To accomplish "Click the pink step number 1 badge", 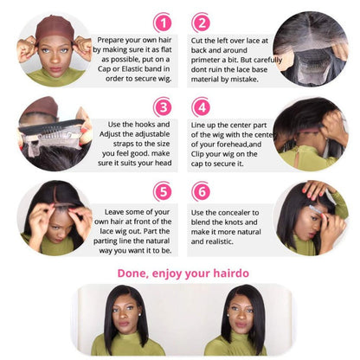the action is pyautogui.click(x=163, y=23).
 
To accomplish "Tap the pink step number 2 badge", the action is pyautogui.click(x=201, y=22).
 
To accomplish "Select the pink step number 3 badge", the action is pyautogui.click(x=163, y=107).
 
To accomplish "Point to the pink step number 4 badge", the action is pyautogui.click(x=201, y=107).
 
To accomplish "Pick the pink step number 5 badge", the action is pyautogui.click(x=163, y=192).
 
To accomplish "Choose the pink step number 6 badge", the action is pyautogui.click(x=201, y=191).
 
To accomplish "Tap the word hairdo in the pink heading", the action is pyautogui.click(x=231, y=273).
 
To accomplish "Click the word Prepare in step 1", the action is pyautogui.click(x=111, y=41).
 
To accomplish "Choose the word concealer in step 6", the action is pyautogui.click(x=234, y=213).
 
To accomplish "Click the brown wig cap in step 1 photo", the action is pyautogui.click(x=55, y=27).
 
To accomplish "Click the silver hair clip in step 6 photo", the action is pyautogui.click(x=315, y=209).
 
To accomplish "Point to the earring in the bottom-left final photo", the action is pyautogui.click(x=139, y=314).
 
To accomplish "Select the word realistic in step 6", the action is pyautogui.click(x=219, y=241).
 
